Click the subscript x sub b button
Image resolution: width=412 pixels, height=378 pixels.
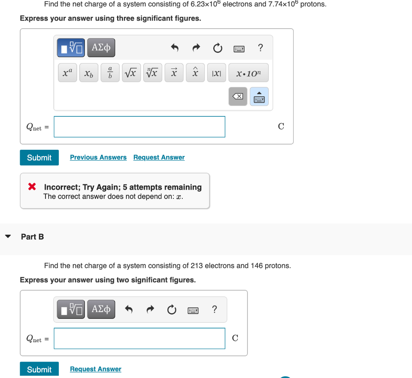(89, 73)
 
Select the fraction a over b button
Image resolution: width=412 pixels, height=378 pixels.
(110, 73)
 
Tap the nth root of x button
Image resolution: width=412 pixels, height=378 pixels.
(152, 73)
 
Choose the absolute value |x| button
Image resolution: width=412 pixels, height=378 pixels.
(216, 73)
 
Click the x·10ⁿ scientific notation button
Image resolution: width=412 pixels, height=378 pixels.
(248, 73)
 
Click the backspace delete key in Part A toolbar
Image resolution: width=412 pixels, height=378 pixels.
(238, 97)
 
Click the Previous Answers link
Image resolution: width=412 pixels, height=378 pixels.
(98, 157)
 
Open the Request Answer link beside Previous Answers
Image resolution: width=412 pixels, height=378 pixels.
(159, 157)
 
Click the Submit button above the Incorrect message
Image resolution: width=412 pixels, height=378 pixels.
(39, 157)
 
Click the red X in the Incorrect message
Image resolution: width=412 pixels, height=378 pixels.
(32, 187)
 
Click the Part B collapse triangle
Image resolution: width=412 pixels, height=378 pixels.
(8, 237)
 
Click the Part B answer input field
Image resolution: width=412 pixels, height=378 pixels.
(139, 338)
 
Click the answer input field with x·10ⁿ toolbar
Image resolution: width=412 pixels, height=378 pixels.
(139, 127)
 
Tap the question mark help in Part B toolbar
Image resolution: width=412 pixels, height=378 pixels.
(214, 310)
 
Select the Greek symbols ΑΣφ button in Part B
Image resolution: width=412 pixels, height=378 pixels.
(101, 310)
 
